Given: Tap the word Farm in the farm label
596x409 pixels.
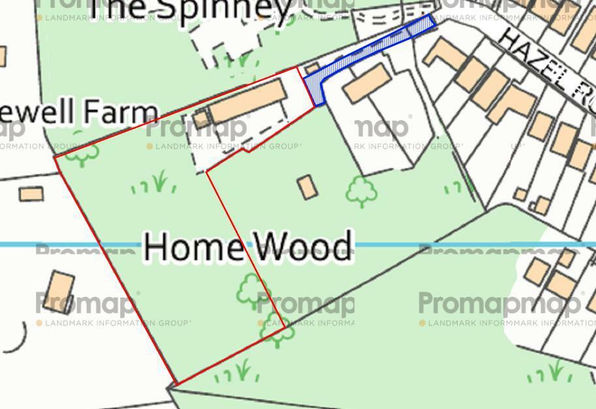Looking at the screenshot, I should [126, 112].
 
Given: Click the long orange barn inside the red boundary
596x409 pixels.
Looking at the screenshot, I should [247, 102].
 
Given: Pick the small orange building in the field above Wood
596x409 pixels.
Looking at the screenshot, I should [307, 187].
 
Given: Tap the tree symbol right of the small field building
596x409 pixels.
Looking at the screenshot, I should [361, 191].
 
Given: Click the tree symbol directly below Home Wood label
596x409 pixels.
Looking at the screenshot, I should [251, 290].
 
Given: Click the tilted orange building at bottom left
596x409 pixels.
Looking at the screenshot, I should [60, 292].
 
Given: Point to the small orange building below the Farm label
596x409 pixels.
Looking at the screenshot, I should [31, 194].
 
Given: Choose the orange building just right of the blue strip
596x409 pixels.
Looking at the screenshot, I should [367, 83].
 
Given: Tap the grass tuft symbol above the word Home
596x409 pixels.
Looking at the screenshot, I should [157, 183].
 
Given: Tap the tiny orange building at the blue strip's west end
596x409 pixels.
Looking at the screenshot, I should [312, 68].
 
